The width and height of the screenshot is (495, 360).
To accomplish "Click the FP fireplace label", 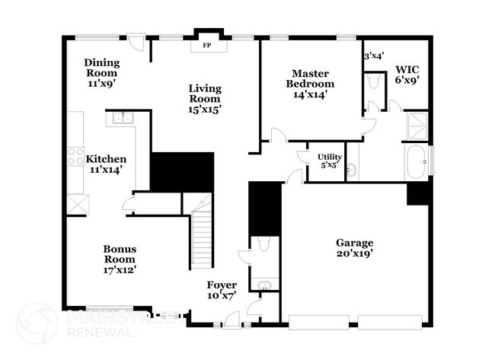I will pos(206,46).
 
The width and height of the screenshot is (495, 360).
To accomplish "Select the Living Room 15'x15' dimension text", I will pos(206,109).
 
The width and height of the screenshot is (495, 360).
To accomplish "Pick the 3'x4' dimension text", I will pos(373,56).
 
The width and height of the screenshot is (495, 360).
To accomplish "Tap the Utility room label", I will pos(330,157).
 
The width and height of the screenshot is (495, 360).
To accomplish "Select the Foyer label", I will pos(222,285).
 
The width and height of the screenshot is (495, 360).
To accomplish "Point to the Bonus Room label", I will pos(120,253).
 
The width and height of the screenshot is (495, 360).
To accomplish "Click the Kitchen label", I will pos(105,159).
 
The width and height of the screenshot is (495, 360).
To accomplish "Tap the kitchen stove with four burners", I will pos(75,156).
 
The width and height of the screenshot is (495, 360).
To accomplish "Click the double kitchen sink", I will pos(122,118).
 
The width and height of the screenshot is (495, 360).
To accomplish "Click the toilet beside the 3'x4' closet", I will pos(373,81).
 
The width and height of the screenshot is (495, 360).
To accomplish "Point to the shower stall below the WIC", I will pos(416,126).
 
